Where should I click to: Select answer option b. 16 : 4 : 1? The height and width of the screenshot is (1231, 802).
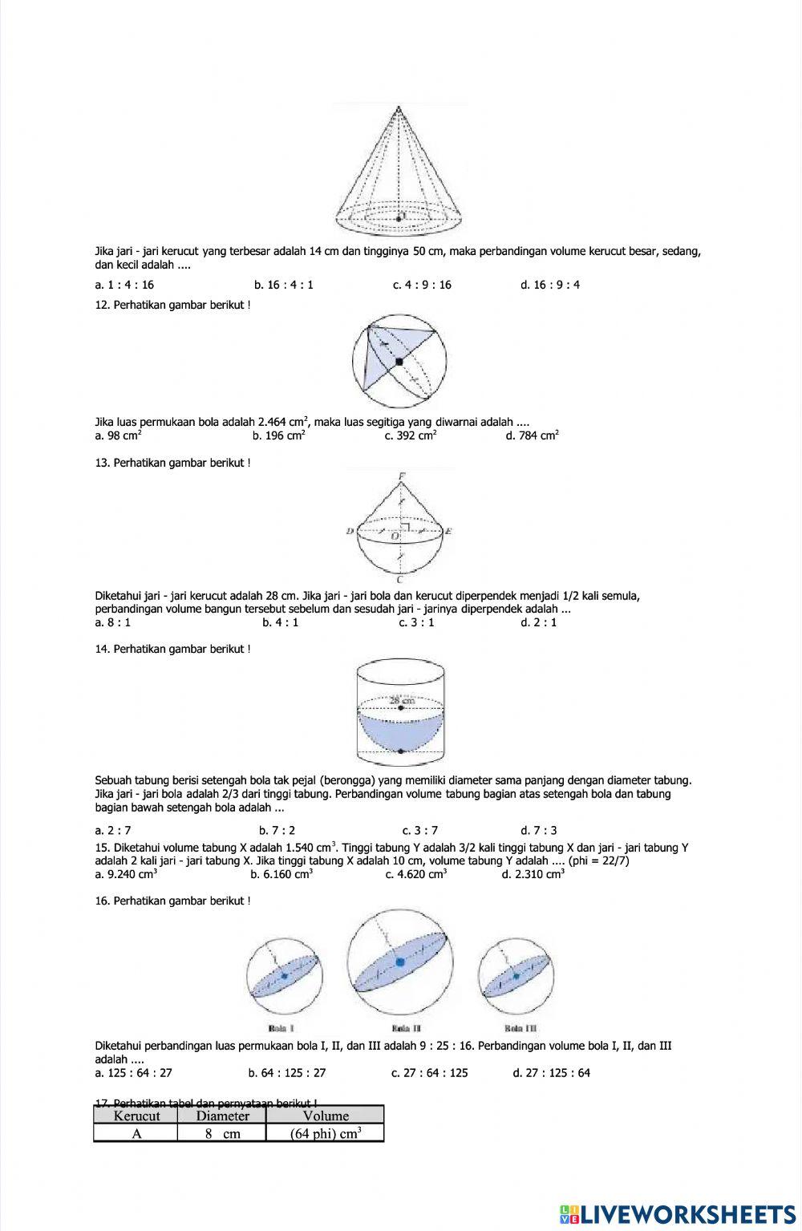click(x=284, y=285)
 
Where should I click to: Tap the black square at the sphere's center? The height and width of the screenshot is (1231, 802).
click(x=399, y=362)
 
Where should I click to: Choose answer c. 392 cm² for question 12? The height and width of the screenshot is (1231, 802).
click(x=411, y=435)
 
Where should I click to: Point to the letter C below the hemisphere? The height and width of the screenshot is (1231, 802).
click(x=399, y=579)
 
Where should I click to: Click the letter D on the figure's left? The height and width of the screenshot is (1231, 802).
click(x=350, y=531)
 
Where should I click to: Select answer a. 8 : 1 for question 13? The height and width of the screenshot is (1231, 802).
click(x=113, y=622)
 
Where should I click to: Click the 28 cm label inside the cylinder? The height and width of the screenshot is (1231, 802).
click(x=401, y=700)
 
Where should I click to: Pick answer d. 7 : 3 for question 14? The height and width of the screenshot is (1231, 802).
click(x=538, y=830)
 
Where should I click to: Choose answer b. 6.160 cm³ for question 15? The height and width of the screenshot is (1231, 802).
click(x=282, y=874)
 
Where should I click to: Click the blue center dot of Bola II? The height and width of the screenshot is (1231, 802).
click(x=399, y=962)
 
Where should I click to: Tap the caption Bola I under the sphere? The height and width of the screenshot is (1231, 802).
click(x=282, y=1028)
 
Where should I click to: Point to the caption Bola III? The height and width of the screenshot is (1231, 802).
click(x=520, y=1028)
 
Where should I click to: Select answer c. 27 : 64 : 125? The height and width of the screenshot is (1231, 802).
click(x=429, y=1073)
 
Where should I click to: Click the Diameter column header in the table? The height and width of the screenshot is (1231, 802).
click(x=222, y=1116)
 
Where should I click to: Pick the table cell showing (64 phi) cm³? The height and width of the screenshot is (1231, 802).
click(x=325, y=1133)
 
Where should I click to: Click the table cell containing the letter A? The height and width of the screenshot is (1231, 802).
click(x=136, y=1133)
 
